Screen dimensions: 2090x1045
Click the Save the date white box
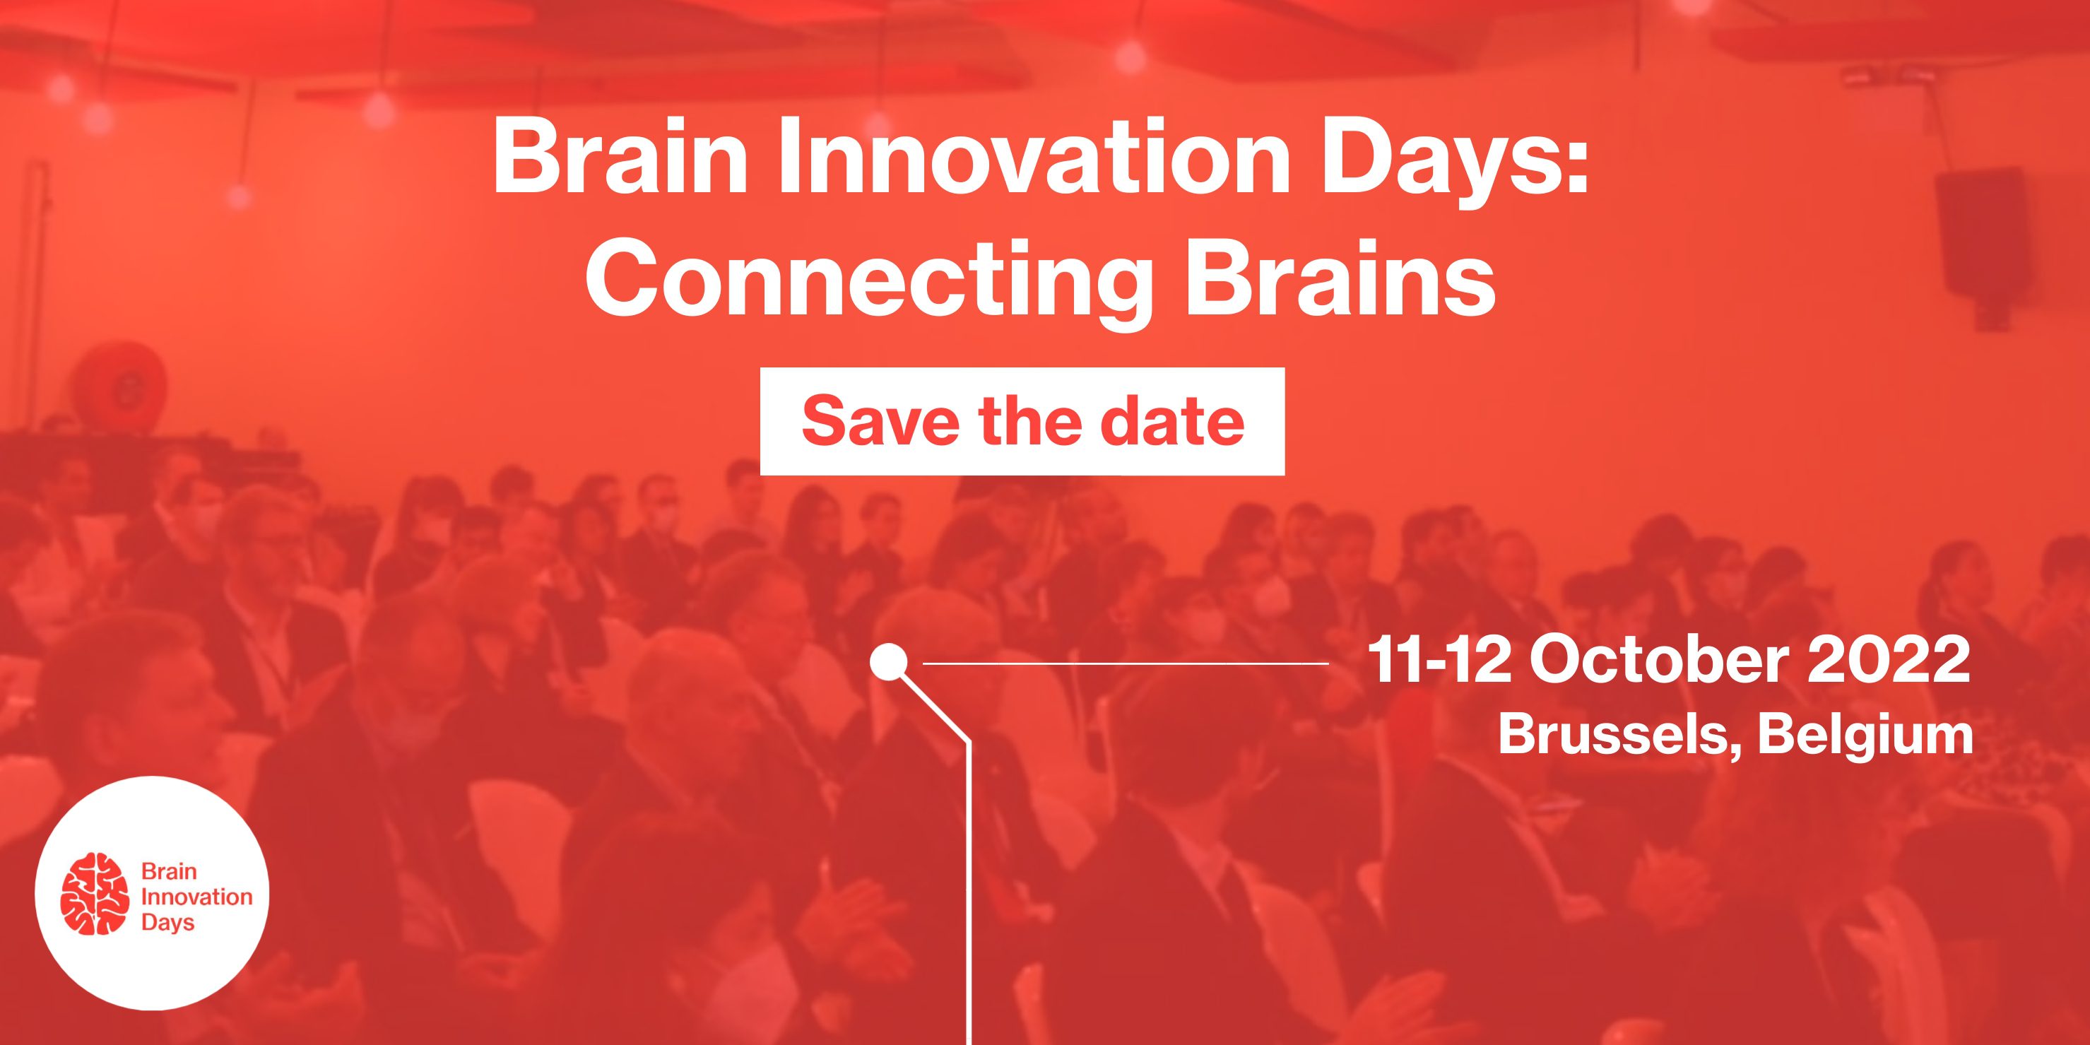coord(1022,421)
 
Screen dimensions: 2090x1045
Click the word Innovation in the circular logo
coord(196,897)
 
